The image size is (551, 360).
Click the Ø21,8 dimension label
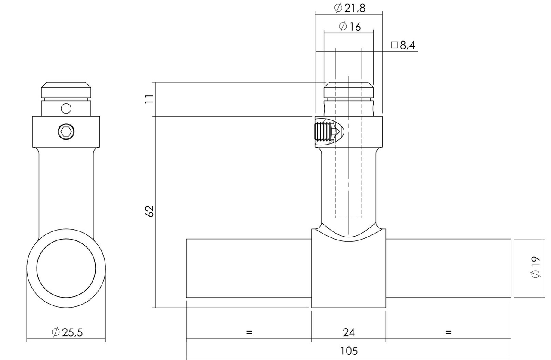click(349, 8)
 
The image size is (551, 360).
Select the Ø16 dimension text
click(349, 27)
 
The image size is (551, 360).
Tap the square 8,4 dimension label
click(403, 45)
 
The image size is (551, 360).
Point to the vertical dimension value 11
click(149, 99)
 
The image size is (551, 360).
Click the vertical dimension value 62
click(149, 211)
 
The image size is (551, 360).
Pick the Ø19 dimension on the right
click(535, 267)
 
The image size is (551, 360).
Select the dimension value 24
click(349, 332)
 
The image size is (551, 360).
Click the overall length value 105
click(349, 351)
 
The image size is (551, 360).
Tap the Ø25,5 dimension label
click(67, 332)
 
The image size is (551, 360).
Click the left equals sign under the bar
click(249, 332)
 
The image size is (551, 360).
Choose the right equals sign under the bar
click(448, 332)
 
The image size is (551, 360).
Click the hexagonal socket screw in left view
click(66, 132)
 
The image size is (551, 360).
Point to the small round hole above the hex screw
click(66, 108)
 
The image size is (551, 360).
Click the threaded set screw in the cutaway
click(324, 132)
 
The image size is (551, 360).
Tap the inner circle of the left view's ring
click(66, 268)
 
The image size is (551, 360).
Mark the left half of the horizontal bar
click(248, 268)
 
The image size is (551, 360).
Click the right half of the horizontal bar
click(448, 268)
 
